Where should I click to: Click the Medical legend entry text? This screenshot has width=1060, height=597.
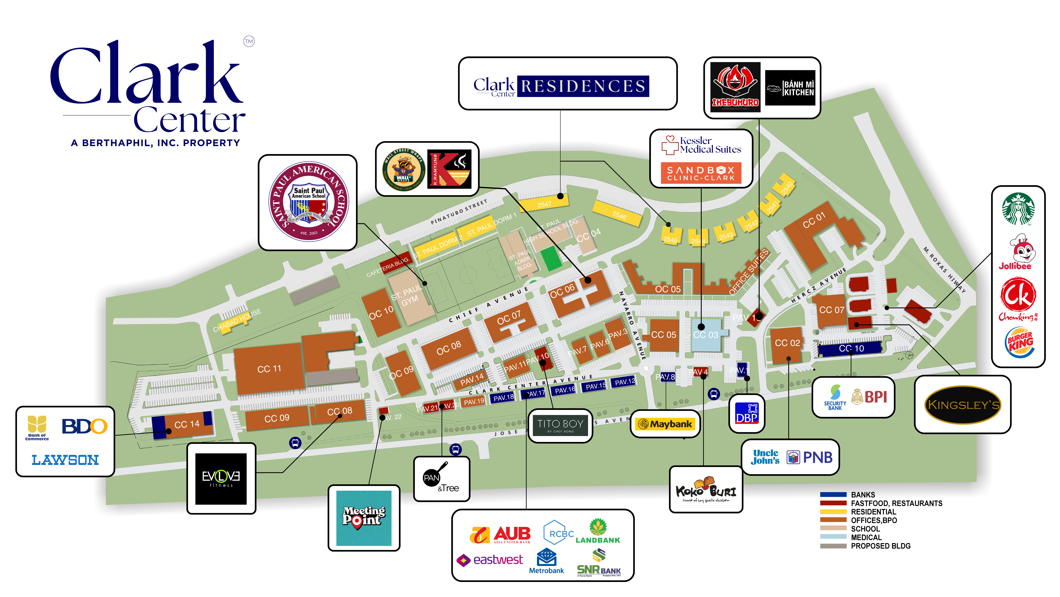coord(866,537)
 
